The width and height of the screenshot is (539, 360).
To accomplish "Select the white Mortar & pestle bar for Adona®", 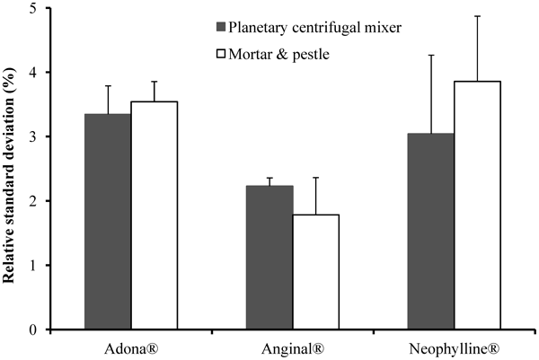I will (x=154, y=215).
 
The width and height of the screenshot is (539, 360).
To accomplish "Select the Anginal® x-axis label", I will (x=285, y=347).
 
